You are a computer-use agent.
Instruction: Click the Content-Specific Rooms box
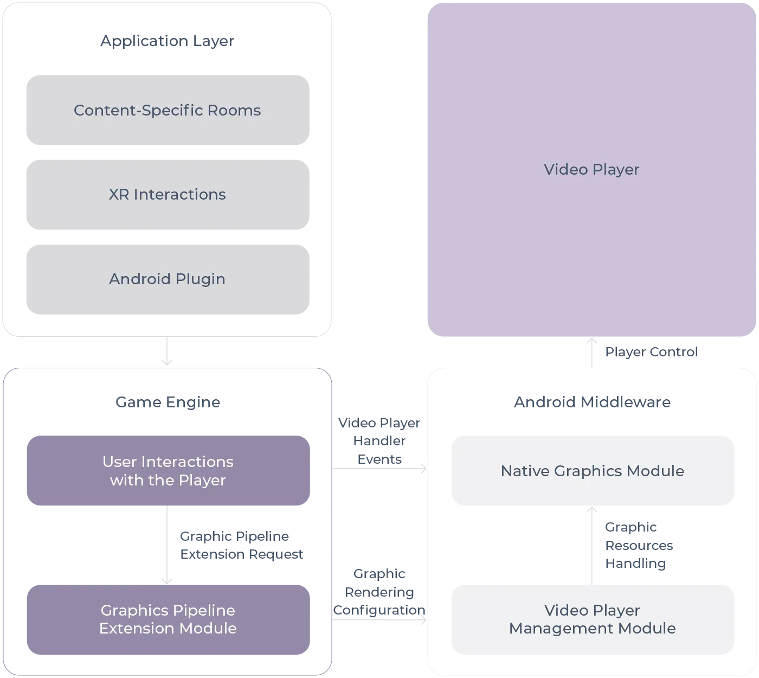click(x=169, y=111)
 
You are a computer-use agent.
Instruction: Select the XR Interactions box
click(x=169, y=194)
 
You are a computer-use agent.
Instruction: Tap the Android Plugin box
click(x=169, y=279)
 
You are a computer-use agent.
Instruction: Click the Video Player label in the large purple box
click(x=591, y=169)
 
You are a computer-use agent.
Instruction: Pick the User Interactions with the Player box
click(x=169, y=471)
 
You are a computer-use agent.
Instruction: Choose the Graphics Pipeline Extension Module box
click(x=169, y=619)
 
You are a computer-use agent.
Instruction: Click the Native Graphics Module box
click(x=593, y=471)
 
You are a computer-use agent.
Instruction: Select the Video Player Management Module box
click(x=593, y=619)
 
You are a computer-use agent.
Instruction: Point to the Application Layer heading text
click(x=166, y=41)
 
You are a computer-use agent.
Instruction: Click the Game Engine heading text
click(x=166, y=402)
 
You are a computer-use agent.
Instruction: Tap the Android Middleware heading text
click(x=591, y=402)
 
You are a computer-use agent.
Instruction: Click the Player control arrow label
click(x=650, y=352)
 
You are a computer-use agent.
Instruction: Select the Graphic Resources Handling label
click(x=639, y=545)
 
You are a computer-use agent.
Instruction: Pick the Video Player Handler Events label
click(x=379, y=440)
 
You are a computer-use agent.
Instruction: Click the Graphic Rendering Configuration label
click(x=379, y=592)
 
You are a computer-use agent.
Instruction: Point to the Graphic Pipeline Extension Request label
click(x=240, y=545)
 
